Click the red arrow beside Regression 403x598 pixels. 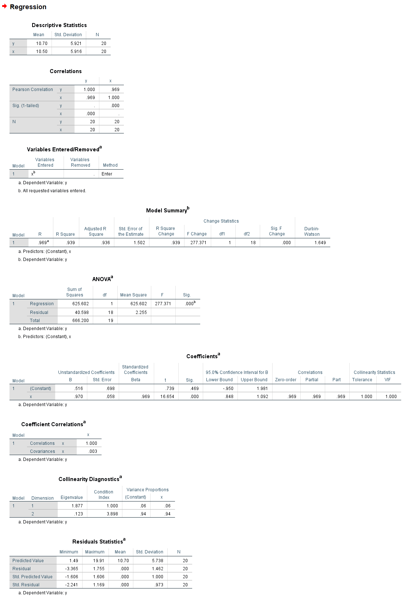click(x=4, y=6)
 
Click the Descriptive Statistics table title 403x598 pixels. click(x=59, y=25)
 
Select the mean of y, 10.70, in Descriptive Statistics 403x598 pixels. click(x=42, y=43)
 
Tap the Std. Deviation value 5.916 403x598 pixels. click(x=76, y=52)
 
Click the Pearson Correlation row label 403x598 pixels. click(x=33, y=90)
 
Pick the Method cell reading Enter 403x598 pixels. click(x=107, y=174)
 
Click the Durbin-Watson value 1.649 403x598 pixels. click(x=320, y=243)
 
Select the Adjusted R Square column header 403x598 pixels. click(x=95, y=231)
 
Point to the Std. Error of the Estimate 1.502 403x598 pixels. click(x=139, y=243)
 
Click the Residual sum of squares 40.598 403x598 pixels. click(x=82, y=313)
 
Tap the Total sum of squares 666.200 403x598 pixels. click(x=80, y=321)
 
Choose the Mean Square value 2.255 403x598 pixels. click(x=141, y=313)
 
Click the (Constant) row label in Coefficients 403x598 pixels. click(x=41, y=389)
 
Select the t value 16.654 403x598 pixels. click(x=167, y=397)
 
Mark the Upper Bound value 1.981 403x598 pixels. click(x=262, y=389)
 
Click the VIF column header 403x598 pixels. click(x=387, y=380)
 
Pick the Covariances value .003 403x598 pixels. click(x=93, y=451)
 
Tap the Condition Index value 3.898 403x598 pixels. click(x=112, y=514)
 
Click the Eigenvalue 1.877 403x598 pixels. click(x=77, y=506)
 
